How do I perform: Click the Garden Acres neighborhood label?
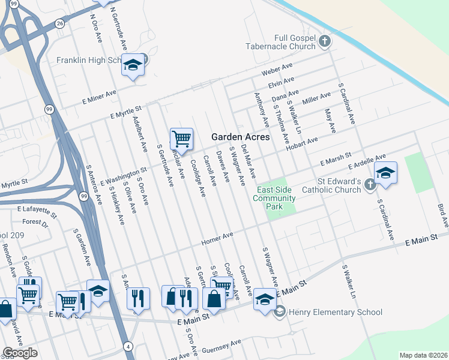tap(240, 137)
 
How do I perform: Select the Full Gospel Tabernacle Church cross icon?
tap(325, 41)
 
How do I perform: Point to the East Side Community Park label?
tap(274, 198)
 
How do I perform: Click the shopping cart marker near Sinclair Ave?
tap(181, 139)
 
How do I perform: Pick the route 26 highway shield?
tap(59, 23)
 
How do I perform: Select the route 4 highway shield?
tap(128, 346)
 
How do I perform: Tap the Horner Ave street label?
tap(217, 239)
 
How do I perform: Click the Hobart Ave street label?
tap(302, 144)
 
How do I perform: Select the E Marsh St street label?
tap(335, 160)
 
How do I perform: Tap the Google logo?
tap(20, 353)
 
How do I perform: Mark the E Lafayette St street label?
tap(37, 211)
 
